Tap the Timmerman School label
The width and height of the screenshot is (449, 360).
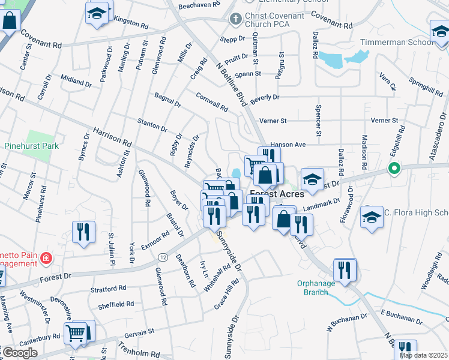click(396, 43)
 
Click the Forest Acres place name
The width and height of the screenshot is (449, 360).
click(277, 194)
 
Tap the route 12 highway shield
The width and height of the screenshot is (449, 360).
click(163, 257)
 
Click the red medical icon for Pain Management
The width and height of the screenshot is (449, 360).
click(46, 259)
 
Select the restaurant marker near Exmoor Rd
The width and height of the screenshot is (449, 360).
click(83, 232)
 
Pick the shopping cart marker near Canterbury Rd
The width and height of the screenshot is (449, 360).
click(76, 332)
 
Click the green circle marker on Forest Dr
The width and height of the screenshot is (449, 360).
click(394, 169)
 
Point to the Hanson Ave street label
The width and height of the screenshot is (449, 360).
click(288, 145)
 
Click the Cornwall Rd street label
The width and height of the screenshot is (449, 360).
click(212, 101)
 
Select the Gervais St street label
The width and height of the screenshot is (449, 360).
click(139, 332)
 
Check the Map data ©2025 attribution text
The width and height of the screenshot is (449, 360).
click(423, 355)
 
